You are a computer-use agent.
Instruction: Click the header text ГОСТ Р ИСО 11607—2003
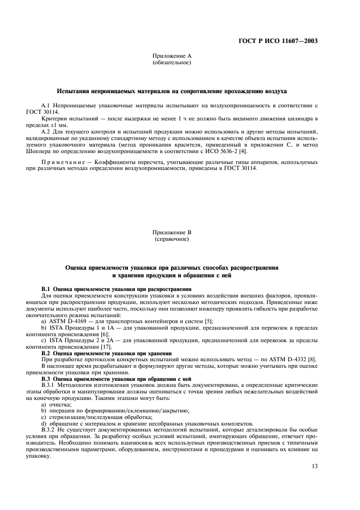(x=278, y=41)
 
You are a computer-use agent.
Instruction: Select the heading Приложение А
(x=172, y=56)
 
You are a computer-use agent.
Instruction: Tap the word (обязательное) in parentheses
(x=172, y=63)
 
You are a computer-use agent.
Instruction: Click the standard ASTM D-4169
(x=66, y=322)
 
